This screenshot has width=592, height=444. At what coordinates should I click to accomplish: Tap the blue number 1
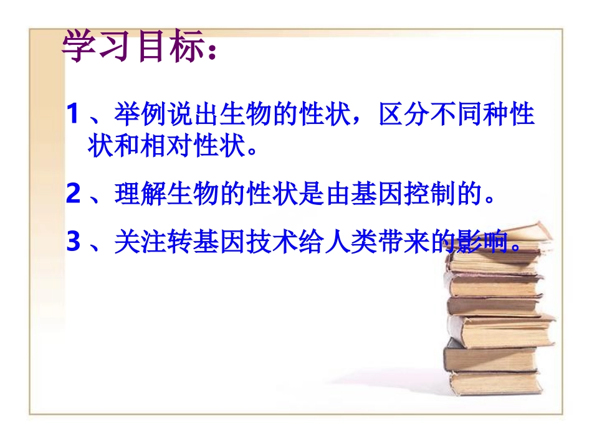tap(74, 115)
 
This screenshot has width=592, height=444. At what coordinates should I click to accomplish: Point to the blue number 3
tap(74, 243)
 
